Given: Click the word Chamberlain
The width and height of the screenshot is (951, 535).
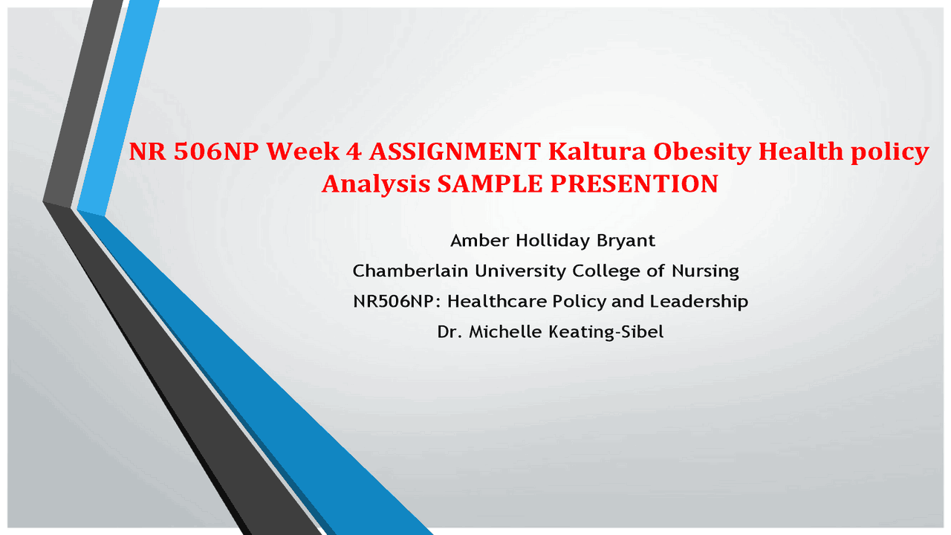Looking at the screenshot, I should (410, 271).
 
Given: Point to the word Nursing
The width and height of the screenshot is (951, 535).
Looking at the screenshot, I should (705, 271).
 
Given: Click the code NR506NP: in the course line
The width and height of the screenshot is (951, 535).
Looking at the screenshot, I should (397, 302).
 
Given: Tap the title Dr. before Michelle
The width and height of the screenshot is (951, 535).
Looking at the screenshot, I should (447, 332).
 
